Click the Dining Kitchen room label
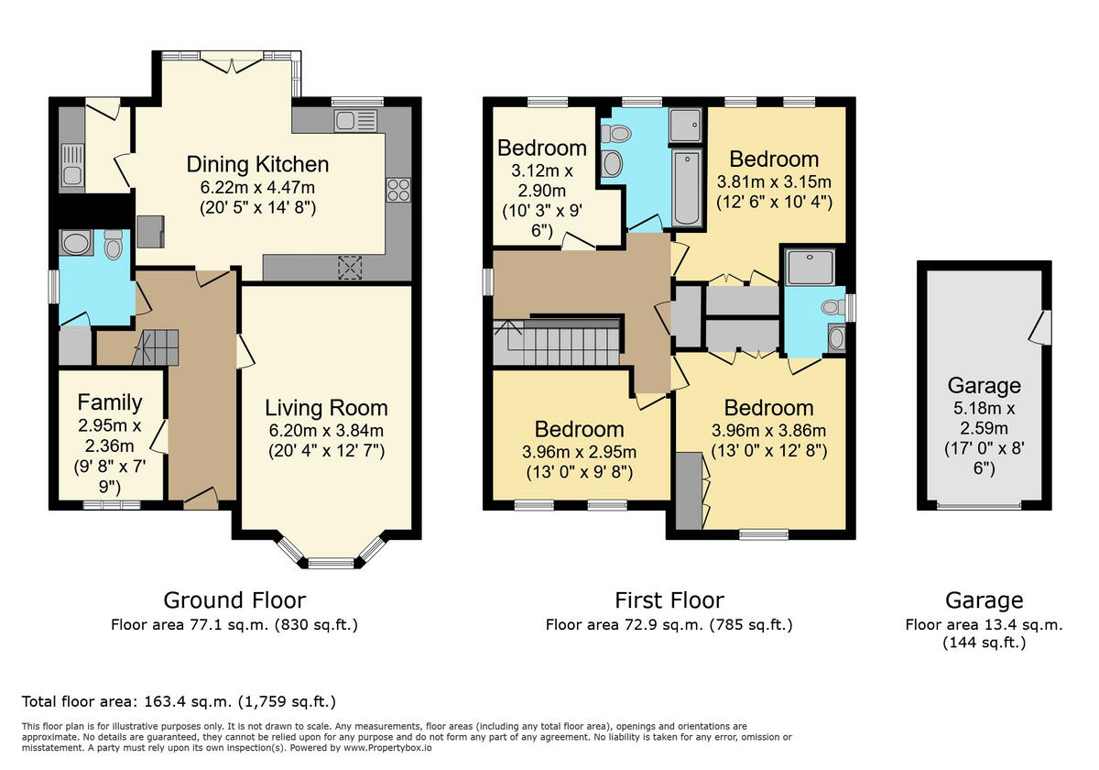tap(257, 165)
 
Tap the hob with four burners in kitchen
tap(398, 190)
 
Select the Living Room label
tap(326, 408)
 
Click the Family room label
tap(110, 401)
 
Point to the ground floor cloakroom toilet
tap(114, 245)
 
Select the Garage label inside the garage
tap(984, 385)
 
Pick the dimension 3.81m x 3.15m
tap(774, 181)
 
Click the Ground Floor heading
tap(234, 600)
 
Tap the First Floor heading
tap(669, 600)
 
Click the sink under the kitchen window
tap(349, 121)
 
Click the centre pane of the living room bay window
tap(331, 563)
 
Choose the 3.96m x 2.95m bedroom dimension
tap(579, 452)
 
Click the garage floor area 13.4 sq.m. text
tap(984, 625)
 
